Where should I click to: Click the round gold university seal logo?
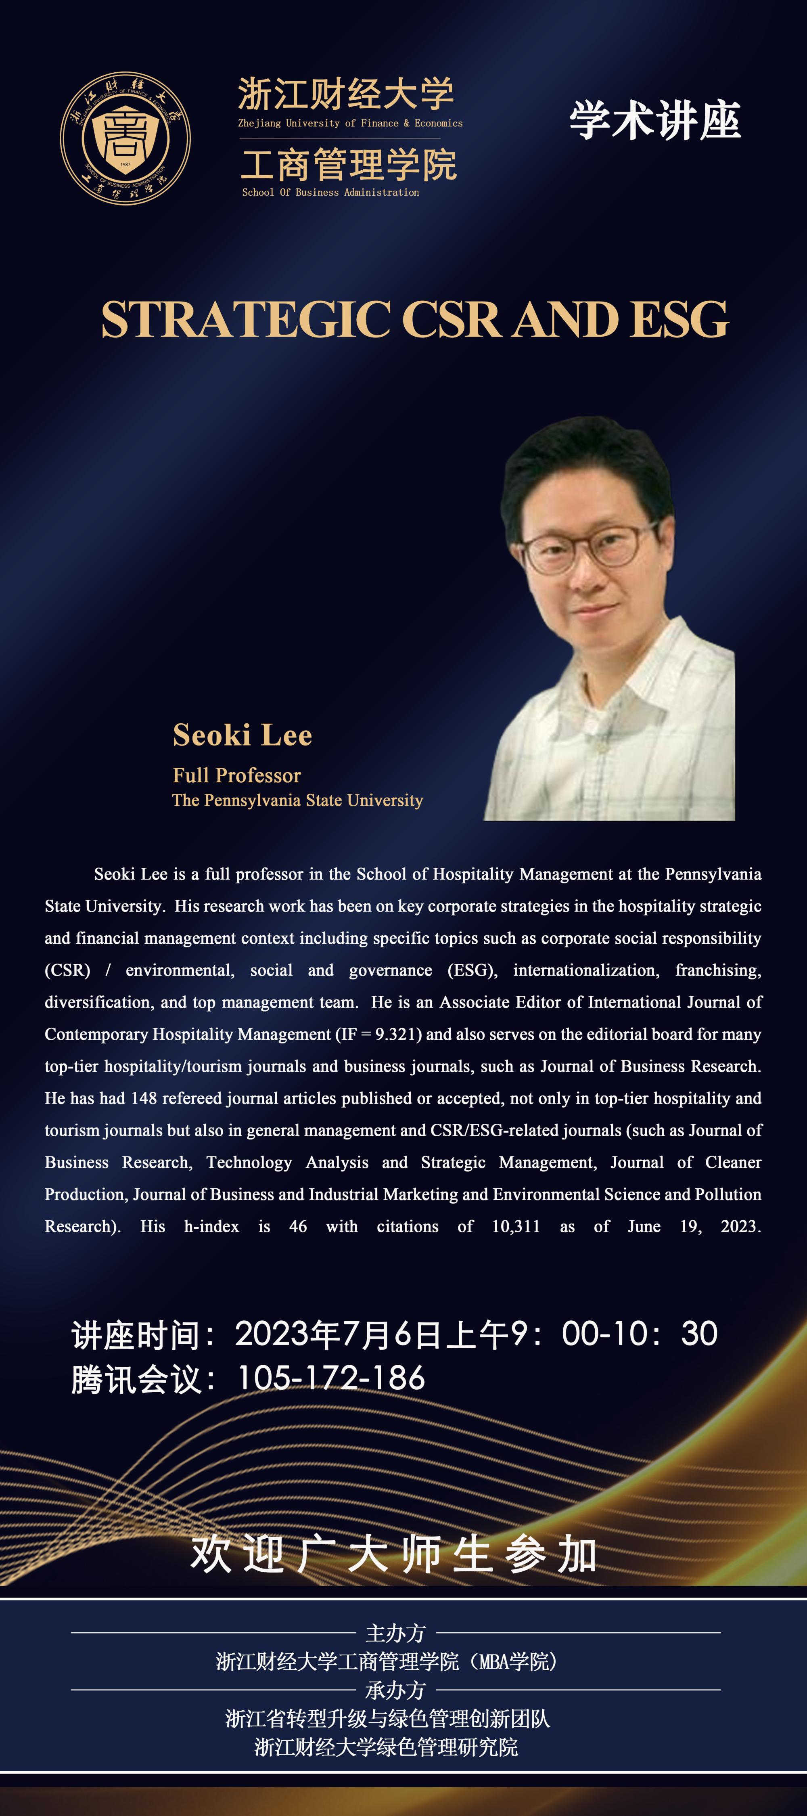coord(125,138)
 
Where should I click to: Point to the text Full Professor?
coord(237,775)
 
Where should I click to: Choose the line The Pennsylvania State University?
coord(297,800)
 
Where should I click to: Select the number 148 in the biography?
coord(143,1098)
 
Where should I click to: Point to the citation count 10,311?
coord(515,1227)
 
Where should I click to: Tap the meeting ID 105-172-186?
coord(331,1378)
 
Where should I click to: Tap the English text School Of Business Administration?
coord(330,193)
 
